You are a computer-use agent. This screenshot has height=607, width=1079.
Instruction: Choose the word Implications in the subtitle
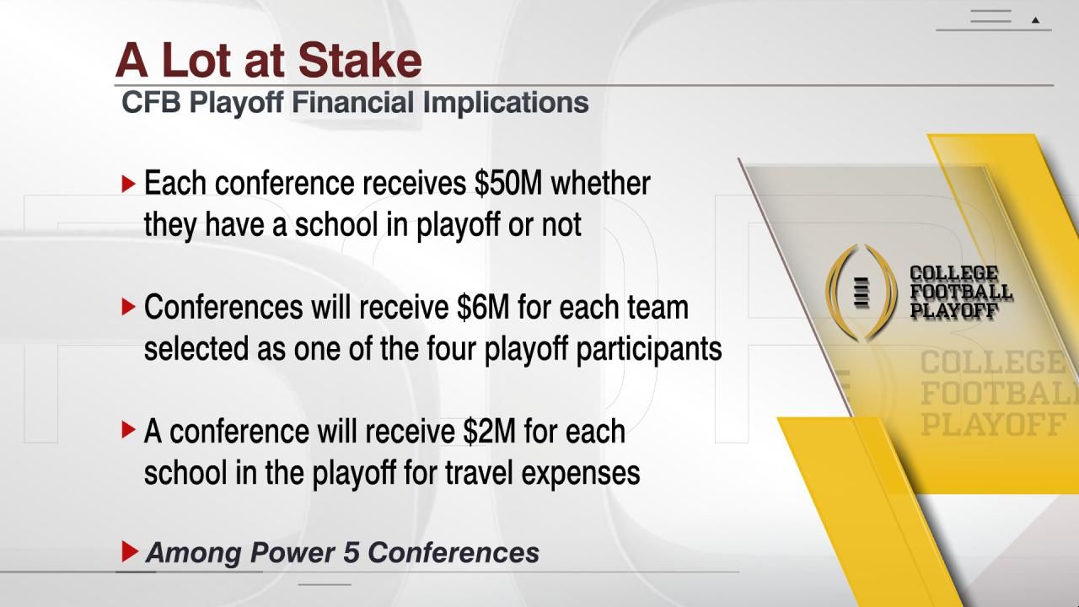(x=505, y=103)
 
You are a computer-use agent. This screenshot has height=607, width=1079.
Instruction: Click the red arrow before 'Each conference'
(x=128, y=183)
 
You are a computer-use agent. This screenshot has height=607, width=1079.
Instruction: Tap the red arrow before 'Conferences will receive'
(x=128, y=307)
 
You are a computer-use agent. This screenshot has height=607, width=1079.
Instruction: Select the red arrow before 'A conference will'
(x=128, y=431)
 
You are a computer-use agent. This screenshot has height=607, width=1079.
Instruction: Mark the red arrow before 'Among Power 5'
(x=129, y=552)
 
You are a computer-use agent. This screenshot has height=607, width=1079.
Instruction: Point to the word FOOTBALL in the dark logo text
(x=960, y=292)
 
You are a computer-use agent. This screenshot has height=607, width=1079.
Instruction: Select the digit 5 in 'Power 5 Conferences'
(x=352, y=552)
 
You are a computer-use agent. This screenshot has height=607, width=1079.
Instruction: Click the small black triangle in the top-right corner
(x=1035, y=20)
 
